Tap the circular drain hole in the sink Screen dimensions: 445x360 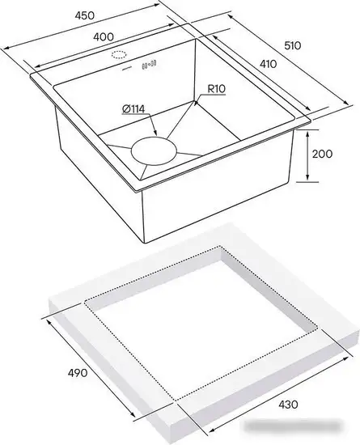153,150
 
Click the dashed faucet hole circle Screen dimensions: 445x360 120,56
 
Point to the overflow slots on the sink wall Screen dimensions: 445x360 149,66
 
